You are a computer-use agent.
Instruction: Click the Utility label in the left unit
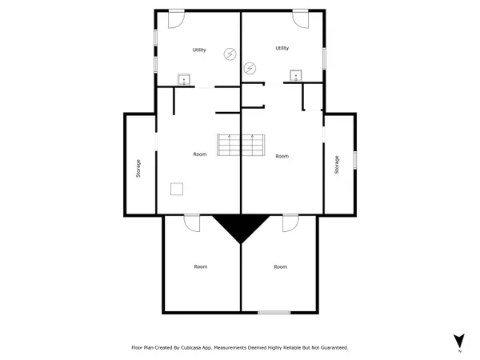click(x=199, y=50)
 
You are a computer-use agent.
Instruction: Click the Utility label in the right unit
click(x=282, y=48)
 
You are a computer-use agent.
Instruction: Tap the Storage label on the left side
click(x=138, y=168)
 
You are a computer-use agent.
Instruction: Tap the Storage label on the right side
click(x=337, y=165)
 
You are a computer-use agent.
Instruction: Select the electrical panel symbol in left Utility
click(x=230, y=54)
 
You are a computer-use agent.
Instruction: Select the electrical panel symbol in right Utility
click(x=250, y=68)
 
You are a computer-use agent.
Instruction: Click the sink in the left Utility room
click(x=184, y=79)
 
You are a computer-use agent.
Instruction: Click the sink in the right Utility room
click(x=296, y=76)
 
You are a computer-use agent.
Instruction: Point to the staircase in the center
click(x=241, y=145)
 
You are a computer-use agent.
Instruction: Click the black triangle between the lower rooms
click(x=241, y=225)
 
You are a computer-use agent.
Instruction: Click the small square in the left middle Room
click(x=177, y=189)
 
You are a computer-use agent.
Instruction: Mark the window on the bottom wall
click(x=274, y=312)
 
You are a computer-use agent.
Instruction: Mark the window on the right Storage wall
click(x=354, y=160)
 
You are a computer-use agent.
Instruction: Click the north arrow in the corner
click(x=459, y=341)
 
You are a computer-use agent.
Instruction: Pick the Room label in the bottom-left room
click(x=201, y=266)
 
